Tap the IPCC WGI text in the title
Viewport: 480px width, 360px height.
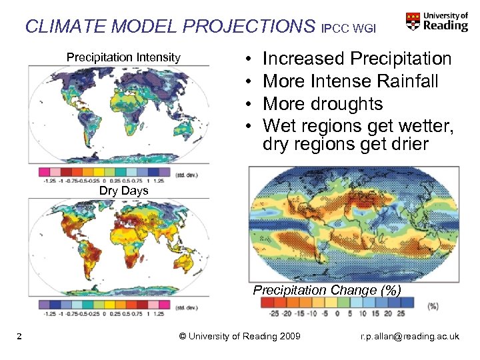(x=348, y=29)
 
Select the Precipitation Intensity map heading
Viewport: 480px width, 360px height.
(x=123, y=57)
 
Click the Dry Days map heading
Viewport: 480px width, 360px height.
(x=123, y=191)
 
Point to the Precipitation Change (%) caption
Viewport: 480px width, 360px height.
(x=327, y=290)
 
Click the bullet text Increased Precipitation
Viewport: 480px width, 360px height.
(x=357, y=59)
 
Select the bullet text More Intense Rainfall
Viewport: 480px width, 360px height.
(x=351, y=81)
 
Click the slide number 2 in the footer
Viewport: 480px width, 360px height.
(x=21, y=336)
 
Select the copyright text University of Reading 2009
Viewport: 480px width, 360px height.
(x=240, y=336)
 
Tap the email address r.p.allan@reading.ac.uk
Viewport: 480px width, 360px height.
(x=409, y=336)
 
